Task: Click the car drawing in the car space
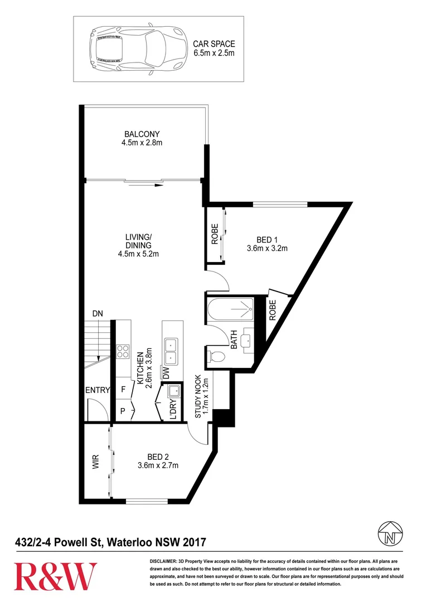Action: pos(137,48)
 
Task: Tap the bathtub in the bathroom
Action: pos(230,309)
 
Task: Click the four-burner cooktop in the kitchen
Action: pos(123,351)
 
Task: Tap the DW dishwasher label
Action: pos(166,373)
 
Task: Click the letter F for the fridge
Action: pos(123,389)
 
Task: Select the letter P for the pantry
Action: pos(123,411)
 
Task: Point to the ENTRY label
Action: pos(98,390)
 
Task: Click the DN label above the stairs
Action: pos(98,314)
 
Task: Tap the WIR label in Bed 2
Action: pos(96,462)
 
